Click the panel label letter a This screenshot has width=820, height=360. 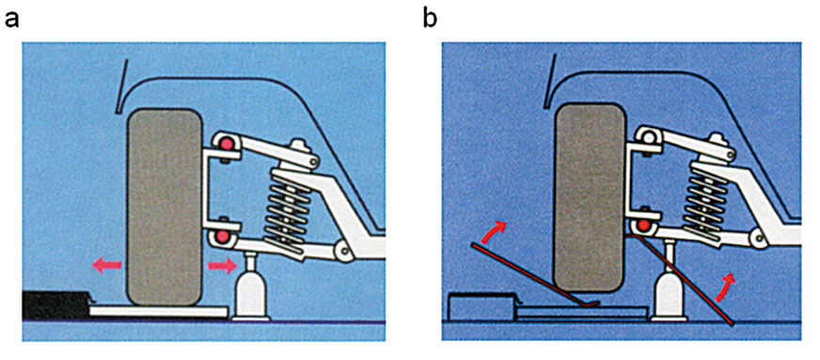pos(12,20)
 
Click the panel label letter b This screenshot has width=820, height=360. pos(431,18)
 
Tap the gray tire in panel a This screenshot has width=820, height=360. pos(165,207)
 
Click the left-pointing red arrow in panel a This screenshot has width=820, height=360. pos(107,265)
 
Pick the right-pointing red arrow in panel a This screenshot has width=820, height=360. pos(222,266)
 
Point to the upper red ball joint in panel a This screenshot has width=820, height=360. pos(226,144)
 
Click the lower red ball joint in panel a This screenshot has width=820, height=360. pos(224,236)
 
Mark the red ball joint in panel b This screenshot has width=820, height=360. pos(644,227)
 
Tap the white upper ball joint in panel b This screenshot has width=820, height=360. pos(648,137)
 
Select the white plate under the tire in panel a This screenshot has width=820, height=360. pos(159,311)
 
